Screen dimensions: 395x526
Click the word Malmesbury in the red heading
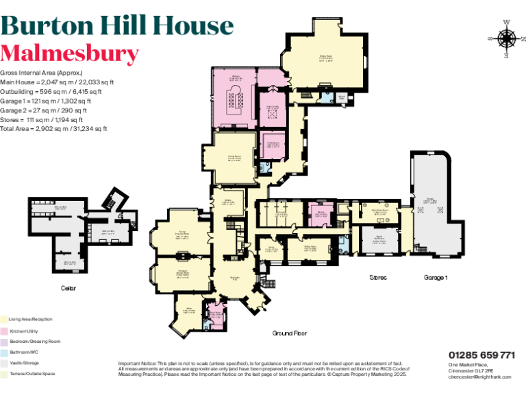(69, 53)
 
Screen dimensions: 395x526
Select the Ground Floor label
(290, 333)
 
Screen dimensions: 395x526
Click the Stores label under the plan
(377, 278)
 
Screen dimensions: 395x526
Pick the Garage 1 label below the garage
(436, 278)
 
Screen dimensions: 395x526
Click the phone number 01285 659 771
(481, 355)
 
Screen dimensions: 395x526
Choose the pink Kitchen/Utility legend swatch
(4, 330)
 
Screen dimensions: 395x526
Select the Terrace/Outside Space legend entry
(30, 374)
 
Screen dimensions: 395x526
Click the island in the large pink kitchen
(236, 103)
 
